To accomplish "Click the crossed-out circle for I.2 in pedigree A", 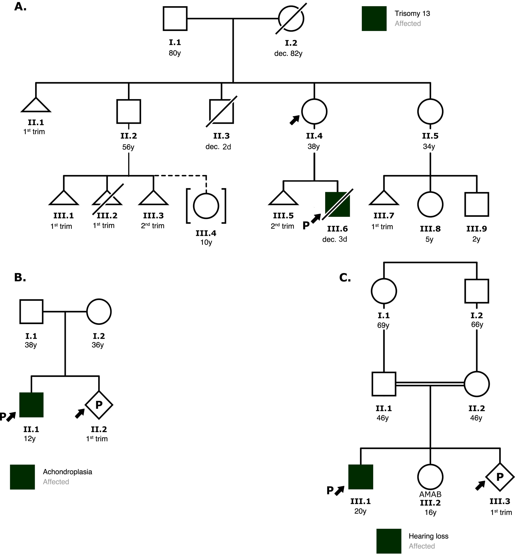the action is coord(291,19).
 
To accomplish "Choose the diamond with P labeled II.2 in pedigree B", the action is coord(99,405).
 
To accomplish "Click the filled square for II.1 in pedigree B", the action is coord(31,405).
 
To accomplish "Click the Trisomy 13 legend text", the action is coord(412,13).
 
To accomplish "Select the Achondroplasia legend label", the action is coord(67,472).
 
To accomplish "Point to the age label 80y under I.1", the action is coord(175,53).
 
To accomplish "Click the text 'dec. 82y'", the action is coord(288,53).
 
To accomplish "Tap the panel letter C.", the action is coord(345,278).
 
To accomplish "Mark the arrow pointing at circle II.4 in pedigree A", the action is coord(295,120).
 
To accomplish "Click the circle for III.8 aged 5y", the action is coord(430,204).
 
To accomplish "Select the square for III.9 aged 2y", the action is coord(477,204).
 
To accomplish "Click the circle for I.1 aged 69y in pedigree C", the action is coord(384,291).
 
